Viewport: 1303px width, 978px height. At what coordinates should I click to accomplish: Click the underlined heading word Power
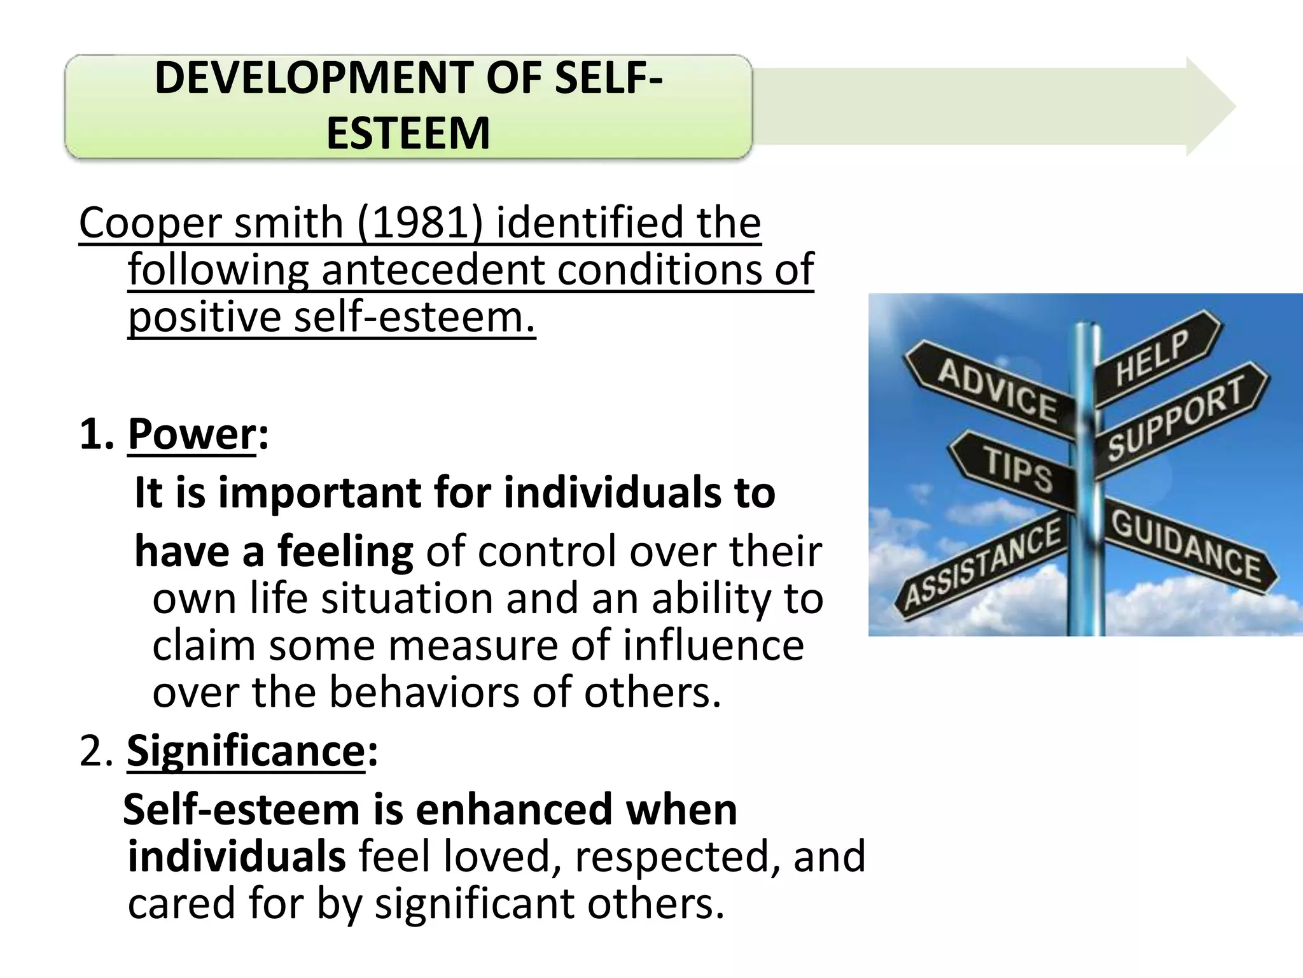tap(192, 434)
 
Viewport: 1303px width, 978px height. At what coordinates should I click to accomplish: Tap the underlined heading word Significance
tap(246, 751)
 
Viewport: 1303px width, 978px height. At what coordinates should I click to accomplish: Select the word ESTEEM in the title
tap(408, 133)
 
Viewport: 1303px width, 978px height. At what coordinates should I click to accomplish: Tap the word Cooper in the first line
tap(150, 223)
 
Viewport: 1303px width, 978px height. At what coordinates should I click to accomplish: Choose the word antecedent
tap(433, 270)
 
